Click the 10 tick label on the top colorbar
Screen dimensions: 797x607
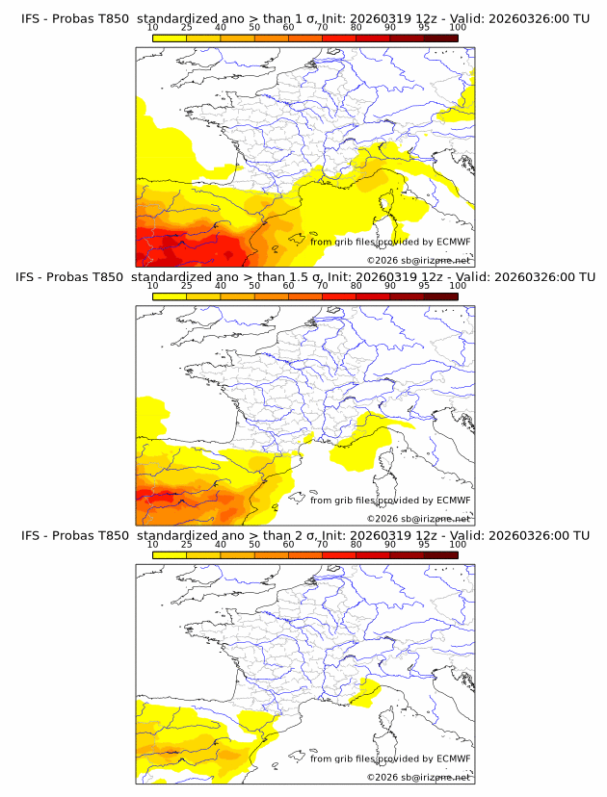(152, 27)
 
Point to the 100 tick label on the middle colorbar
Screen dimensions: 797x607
(458, 286)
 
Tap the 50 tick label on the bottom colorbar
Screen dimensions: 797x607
(254, 544)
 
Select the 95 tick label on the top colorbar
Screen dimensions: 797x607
(424, 27)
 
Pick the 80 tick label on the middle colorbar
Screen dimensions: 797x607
(356, 286)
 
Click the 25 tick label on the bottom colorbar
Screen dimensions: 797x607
(186, 544)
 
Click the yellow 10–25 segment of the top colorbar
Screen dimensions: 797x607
(170, 38)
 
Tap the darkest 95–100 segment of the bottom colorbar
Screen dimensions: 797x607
(441, 554)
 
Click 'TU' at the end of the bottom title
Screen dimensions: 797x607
(581, 535)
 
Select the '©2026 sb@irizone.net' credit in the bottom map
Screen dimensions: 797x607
(418, 777)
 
